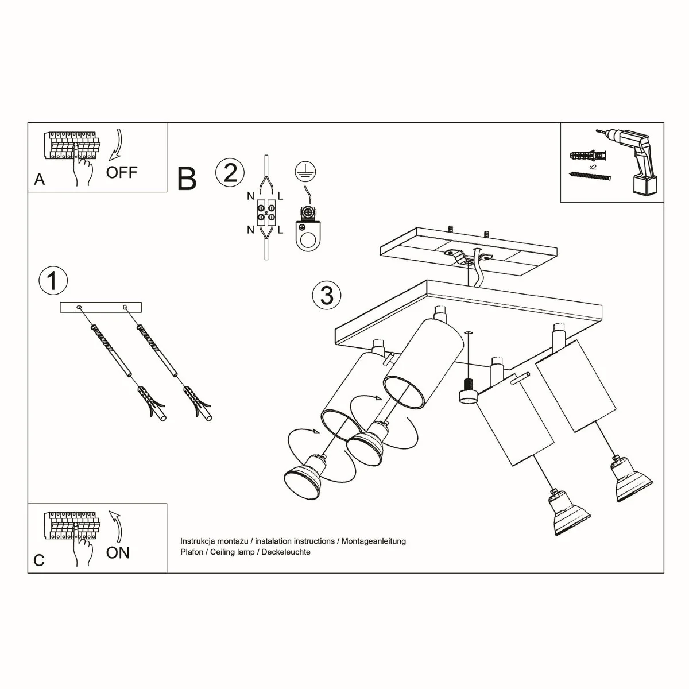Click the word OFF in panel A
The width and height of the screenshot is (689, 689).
pyautogui.click(x=122, y=172)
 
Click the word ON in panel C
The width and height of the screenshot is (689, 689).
pyautogui.click(x=118, y=552)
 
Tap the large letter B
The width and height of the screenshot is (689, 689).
pyautogui.click(x=187, y=179)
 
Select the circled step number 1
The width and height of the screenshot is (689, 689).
pyautogui.click(x=53, y=281)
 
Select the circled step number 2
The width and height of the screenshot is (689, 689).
pyautogui.click(x=230, y=172)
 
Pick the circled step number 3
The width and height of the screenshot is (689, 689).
pyautogui.click(x=327, y=295)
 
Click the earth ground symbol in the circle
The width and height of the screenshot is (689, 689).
pyautogui.click(x=305, y=170)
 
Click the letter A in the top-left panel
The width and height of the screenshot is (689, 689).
pyautogui.click(x=39, y=180)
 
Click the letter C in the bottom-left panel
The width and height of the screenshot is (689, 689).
pyautogui.click(x=39, y=560)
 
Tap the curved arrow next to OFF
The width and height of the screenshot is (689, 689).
pyautogui.click(x=117, y=144)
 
